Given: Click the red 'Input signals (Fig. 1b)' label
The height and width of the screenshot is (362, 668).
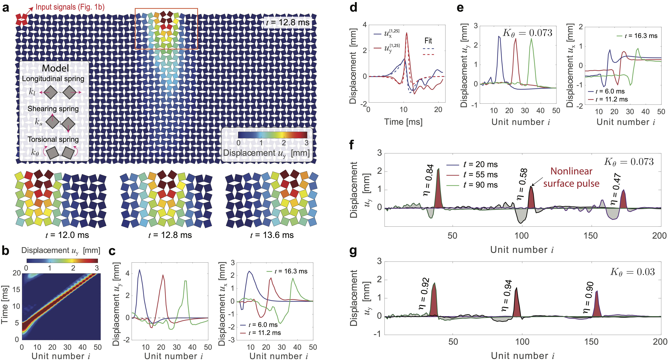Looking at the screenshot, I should (70, 7).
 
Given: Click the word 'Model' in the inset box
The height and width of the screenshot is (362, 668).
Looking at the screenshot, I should (55, 68).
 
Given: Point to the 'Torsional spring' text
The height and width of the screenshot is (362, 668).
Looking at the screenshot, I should (53, 139).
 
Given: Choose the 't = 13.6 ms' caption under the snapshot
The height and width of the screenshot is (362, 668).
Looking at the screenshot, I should (272, 235).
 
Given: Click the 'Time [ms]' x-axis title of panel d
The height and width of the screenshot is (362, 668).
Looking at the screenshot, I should (403, 122).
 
